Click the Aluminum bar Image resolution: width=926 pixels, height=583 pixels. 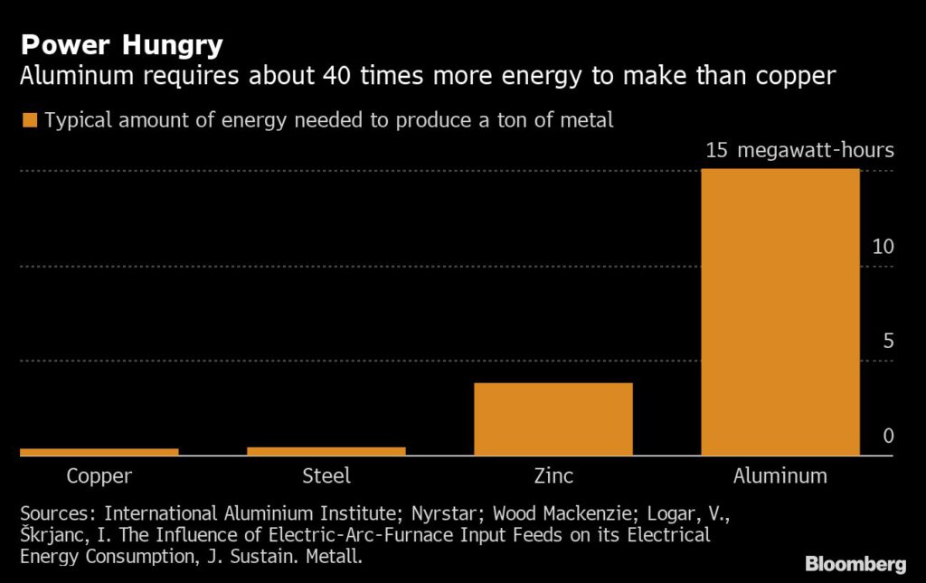[780, 312]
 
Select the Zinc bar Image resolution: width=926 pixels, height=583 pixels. [553, 418]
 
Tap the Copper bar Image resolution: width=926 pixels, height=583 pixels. [99, 452]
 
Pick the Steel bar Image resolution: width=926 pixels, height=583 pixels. [326, 451]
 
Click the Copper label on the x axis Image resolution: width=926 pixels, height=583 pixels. [99, 476]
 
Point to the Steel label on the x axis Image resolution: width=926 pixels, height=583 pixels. [326, 476]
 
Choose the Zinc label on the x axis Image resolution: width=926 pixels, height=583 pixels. [553, 476]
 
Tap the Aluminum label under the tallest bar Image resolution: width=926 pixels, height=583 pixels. [780, 476]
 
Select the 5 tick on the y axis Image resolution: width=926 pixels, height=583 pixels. [888, 342]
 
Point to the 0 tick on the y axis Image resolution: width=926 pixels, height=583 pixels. [888, 437]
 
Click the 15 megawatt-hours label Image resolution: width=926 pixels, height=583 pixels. [799, 150]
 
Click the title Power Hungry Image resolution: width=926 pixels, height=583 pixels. [121, 44]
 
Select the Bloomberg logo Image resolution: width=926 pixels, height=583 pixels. [855, 564]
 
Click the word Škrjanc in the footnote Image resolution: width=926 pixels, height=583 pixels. [52, 535]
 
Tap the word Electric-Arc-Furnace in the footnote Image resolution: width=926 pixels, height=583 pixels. [322, 535]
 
